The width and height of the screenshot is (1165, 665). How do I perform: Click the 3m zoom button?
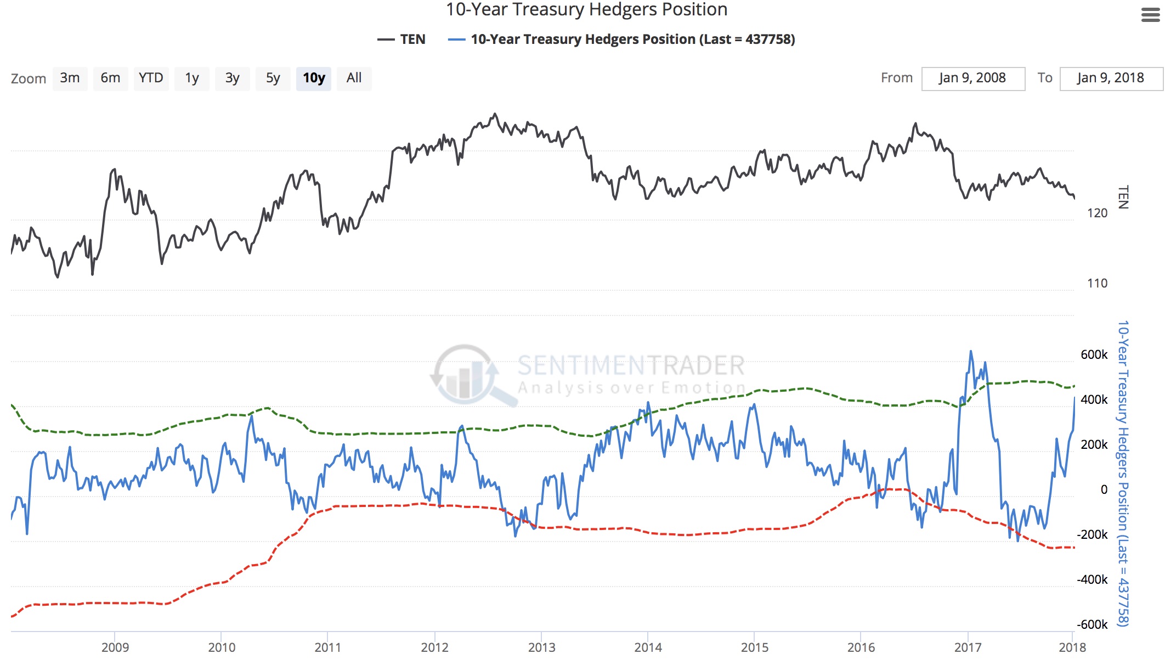click(70, 78)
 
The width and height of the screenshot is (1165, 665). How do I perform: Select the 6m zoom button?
click(110, 78)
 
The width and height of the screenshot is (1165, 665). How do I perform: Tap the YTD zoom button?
click(151, 78)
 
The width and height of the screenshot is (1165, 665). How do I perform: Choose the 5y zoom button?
click(273, 78)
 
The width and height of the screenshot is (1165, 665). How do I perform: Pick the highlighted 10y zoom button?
click(314, 78)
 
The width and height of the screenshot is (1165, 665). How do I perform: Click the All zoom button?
click(354, 78)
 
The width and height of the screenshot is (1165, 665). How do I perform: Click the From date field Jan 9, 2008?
click(972, 78)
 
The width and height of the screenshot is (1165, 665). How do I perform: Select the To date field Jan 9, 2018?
click(1111, 78)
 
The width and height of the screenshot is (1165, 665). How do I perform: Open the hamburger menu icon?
click(1150, 15)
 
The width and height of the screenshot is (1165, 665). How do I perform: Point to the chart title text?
click(586, 10)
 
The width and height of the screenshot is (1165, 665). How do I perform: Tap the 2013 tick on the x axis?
click(541, 647)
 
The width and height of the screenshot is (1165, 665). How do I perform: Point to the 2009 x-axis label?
click(115, 647)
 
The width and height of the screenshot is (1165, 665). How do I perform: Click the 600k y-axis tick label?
click(1094, 355)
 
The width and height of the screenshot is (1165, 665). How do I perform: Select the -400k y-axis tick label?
click(1092, 580)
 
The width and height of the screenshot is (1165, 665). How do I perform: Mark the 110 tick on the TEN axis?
click(1097, 284)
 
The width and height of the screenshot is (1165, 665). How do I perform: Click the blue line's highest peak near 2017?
click(970, 351)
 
